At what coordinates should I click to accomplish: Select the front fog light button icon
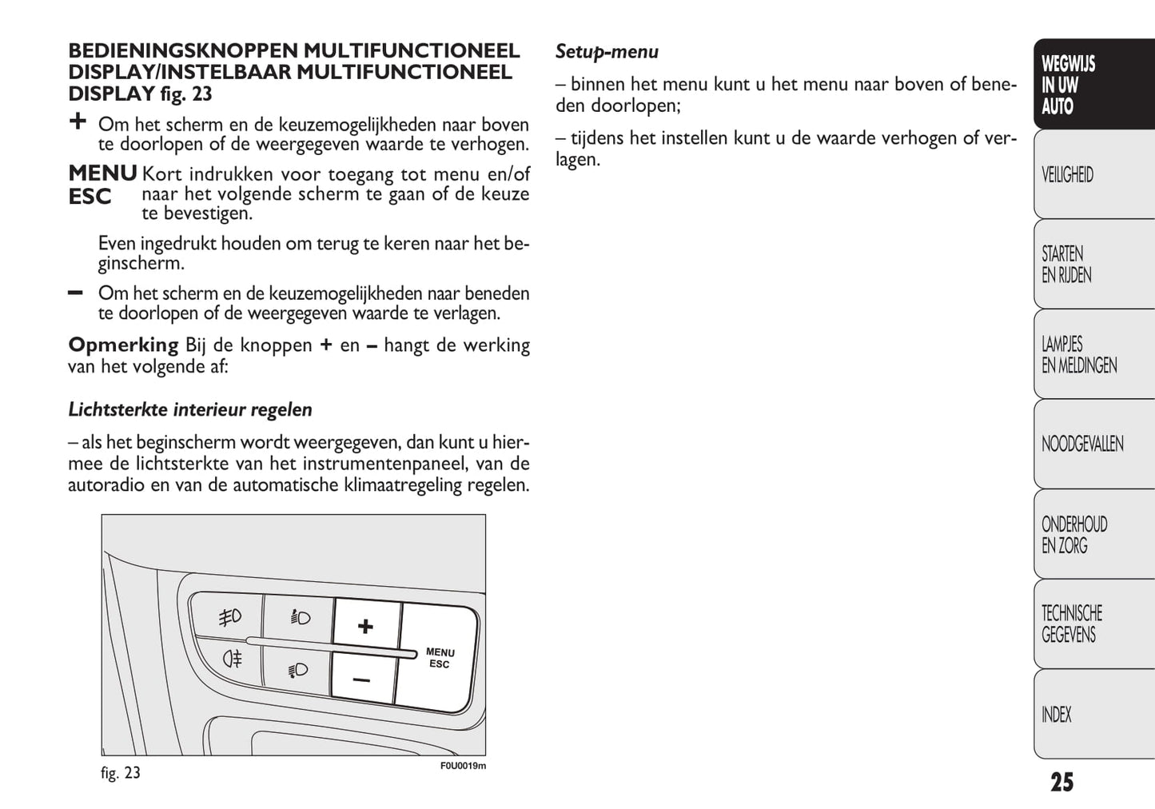point(230,617)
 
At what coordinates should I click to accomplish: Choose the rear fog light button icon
point(233,659)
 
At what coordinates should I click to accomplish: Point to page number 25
point(1061,782)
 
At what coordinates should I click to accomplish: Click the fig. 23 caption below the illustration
point(121,773)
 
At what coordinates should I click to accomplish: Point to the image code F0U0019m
point(463,766)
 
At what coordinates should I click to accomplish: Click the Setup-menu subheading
point(607,53)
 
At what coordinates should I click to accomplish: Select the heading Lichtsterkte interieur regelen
point(190,410)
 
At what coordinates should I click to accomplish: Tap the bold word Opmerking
point(123,345)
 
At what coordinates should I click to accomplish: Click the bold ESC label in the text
point(90,197)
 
